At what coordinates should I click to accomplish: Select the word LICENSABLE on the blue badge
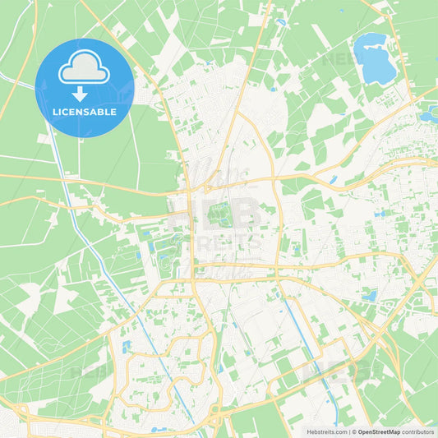85,112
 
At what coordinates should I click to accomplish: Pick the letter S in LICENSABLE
92,112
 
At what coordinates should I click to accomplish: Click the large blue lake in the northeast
375,58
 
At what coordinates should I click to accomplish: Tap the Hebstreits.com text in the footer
324,431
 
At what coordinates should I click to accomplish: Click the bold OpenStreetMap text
378,431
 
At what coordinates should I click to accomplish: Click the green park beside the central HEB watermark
220,215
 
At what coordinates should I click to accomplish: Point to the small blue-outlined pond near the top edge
280,22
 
